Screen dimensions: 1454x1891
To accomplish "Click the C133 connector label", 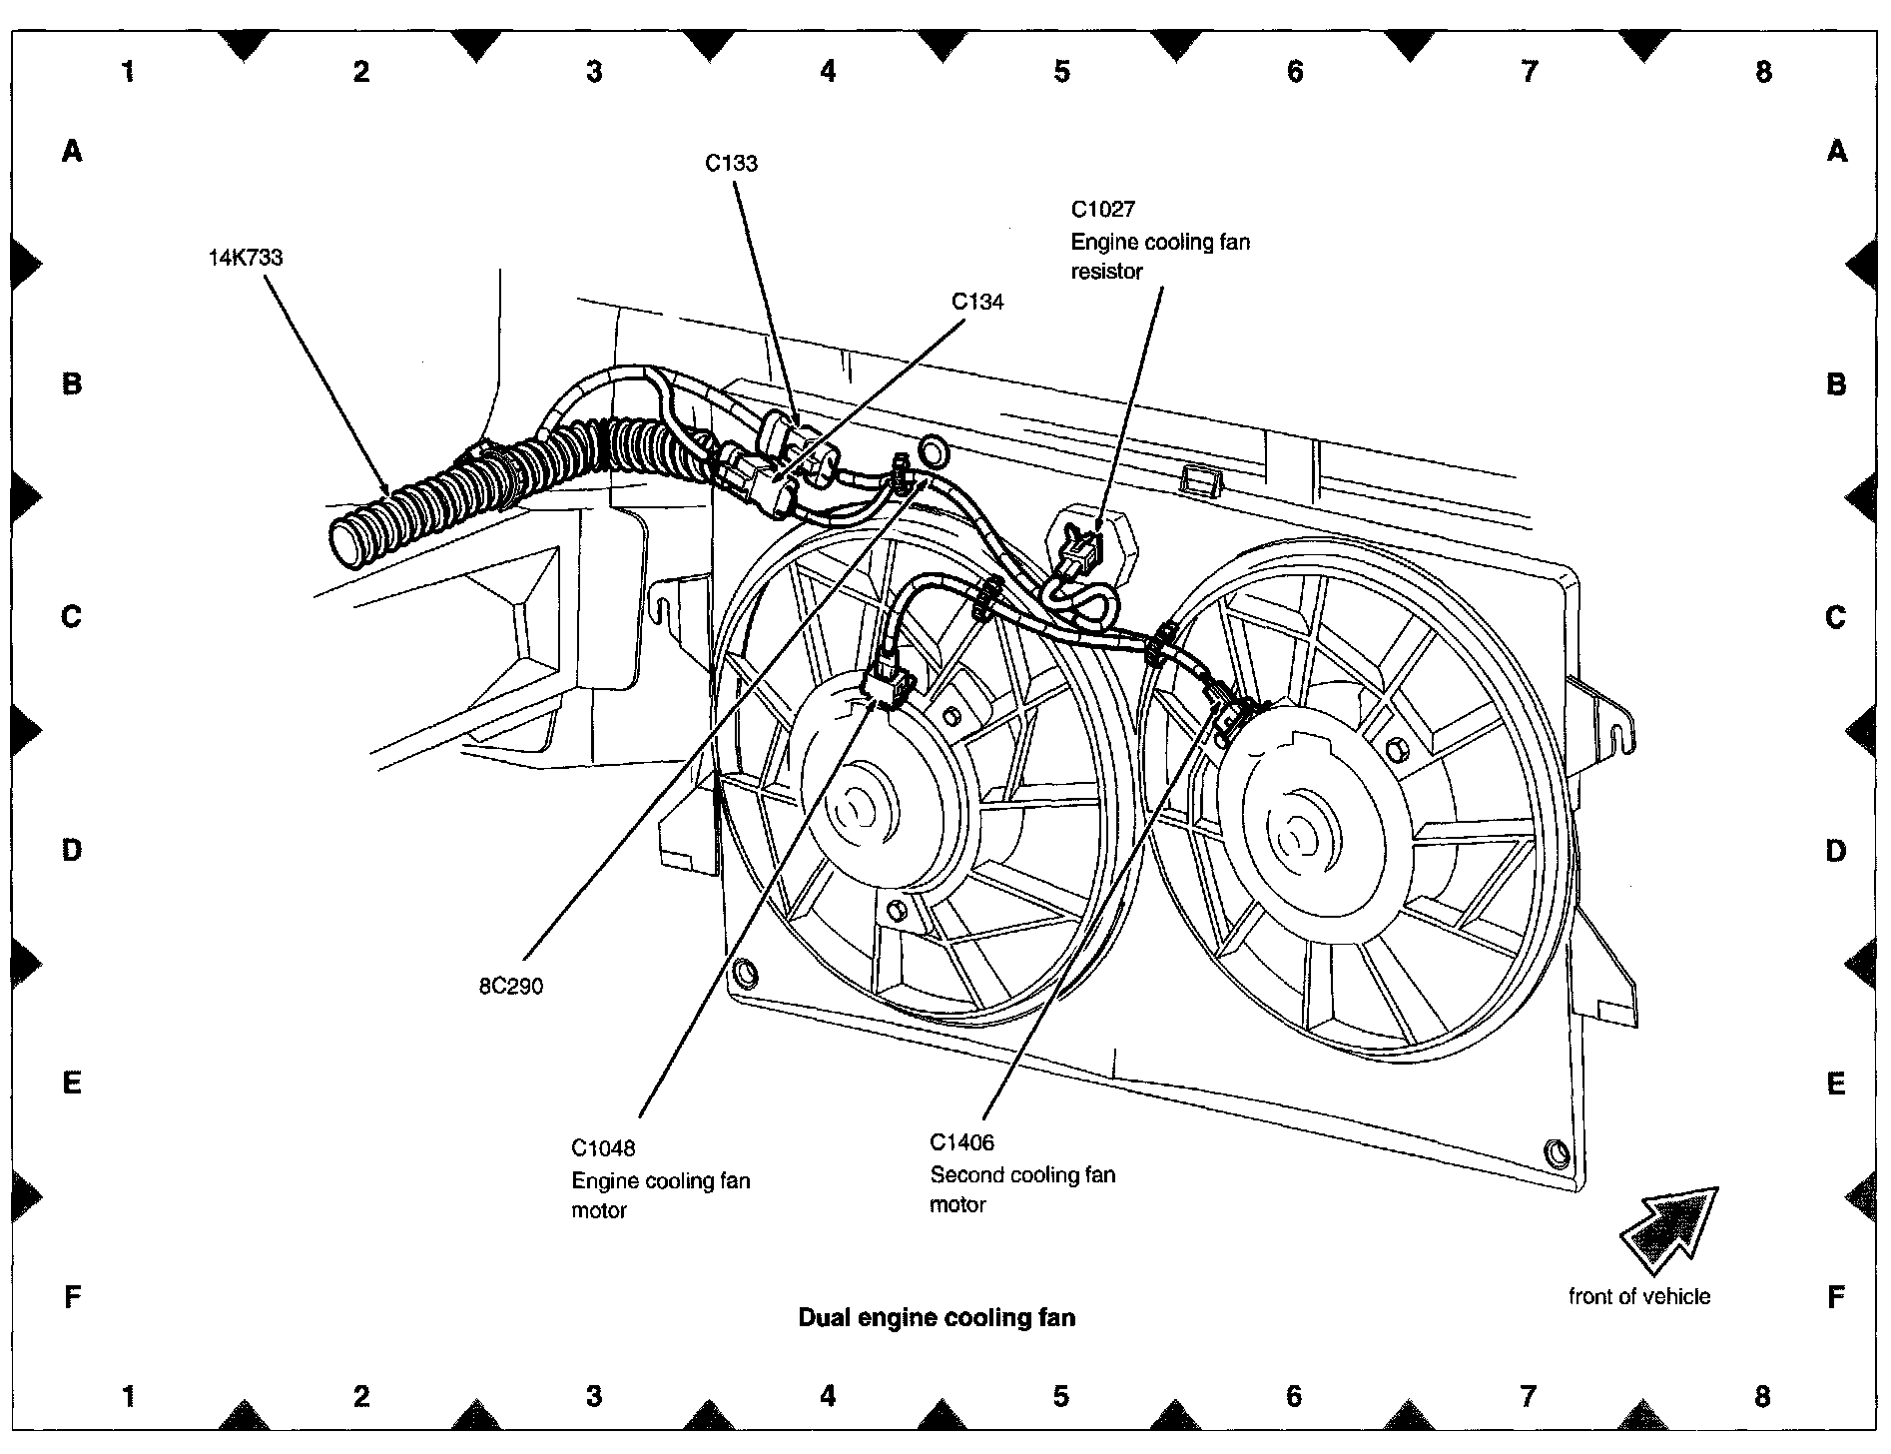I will [731, 164].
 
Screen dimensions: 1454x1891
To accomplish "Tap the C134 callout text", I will [976, 302].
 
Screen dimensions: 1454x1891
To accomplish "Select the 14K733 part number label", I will [246, 258].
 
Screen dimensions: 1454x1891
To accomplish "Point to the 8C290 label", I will [510, 987].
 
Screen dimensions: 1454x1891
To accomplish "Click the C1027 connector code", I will [1102, 210].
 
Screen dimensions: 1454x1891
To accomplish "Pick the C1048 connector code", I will [603, 1148].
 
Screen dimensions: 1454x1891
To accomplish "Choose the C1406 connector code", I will [961, 1142].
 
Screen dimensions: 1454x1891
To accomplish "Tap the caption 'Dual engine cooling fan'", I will [937, 1318].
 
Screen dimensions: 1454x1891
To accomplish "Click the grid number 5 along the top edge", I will [1061, 72].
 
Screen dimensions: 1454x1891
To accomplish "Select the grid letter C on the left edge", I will [71, 617].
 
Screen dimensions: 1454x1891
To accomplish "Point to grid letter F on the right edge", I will [1835, 1297].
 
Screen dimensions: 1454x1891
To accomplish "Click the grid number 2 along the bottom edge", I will [361, 1396].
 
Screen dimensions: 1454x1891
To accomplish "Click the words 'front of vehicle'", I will [1638, 1297].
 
